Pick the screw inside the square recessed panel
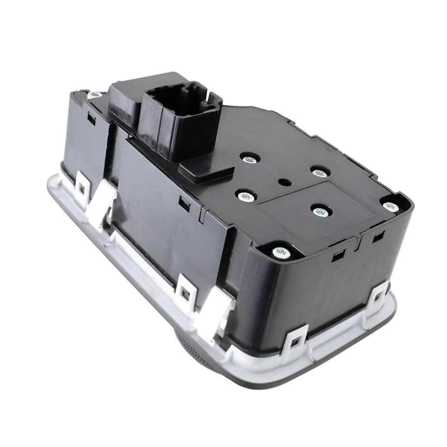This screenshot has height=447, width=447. (x=321, y=212)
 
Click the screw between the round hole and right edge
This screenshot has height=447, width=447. (x=320, y=172)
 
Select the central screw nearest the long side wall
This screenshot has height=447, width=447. (x=246, y=196)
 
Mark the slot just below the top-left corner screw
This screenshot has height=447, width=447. (x=91, y=118)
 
